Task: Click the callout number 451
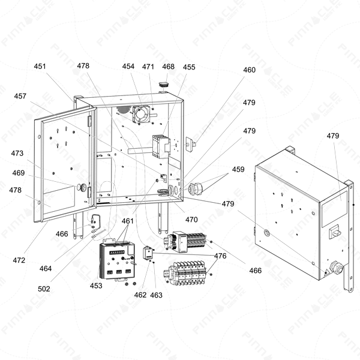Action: tap(40, 67)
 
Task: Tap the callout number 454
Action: tap(128, 67)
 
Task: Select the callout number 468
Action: tap(168, 67)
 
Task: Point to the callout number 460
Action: tap(250, 70)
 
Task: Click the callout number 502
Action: tap(44, 289)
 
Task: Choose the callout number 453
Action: tap(96, 286)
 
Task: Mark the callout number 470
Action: tap(191, 220)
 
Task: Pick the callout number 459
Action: tap(238, 169)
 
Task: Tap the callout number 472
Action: tap(19, 260)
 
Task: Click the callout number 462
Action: tap(140, 295)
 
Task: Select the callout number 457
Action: tap(20, 96)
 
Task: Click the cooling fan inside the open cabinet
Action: tap(141, 115)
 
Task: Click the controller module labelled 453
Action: tap(117, 260)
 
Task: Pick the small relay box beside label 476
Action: tap(148, 253)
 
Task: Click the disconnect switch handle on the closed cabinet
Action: tap(335, 232)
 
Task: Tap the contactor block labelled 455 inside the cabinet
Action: tap(161, 146)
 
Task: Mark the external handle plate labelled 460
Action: tap(190, 144)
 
